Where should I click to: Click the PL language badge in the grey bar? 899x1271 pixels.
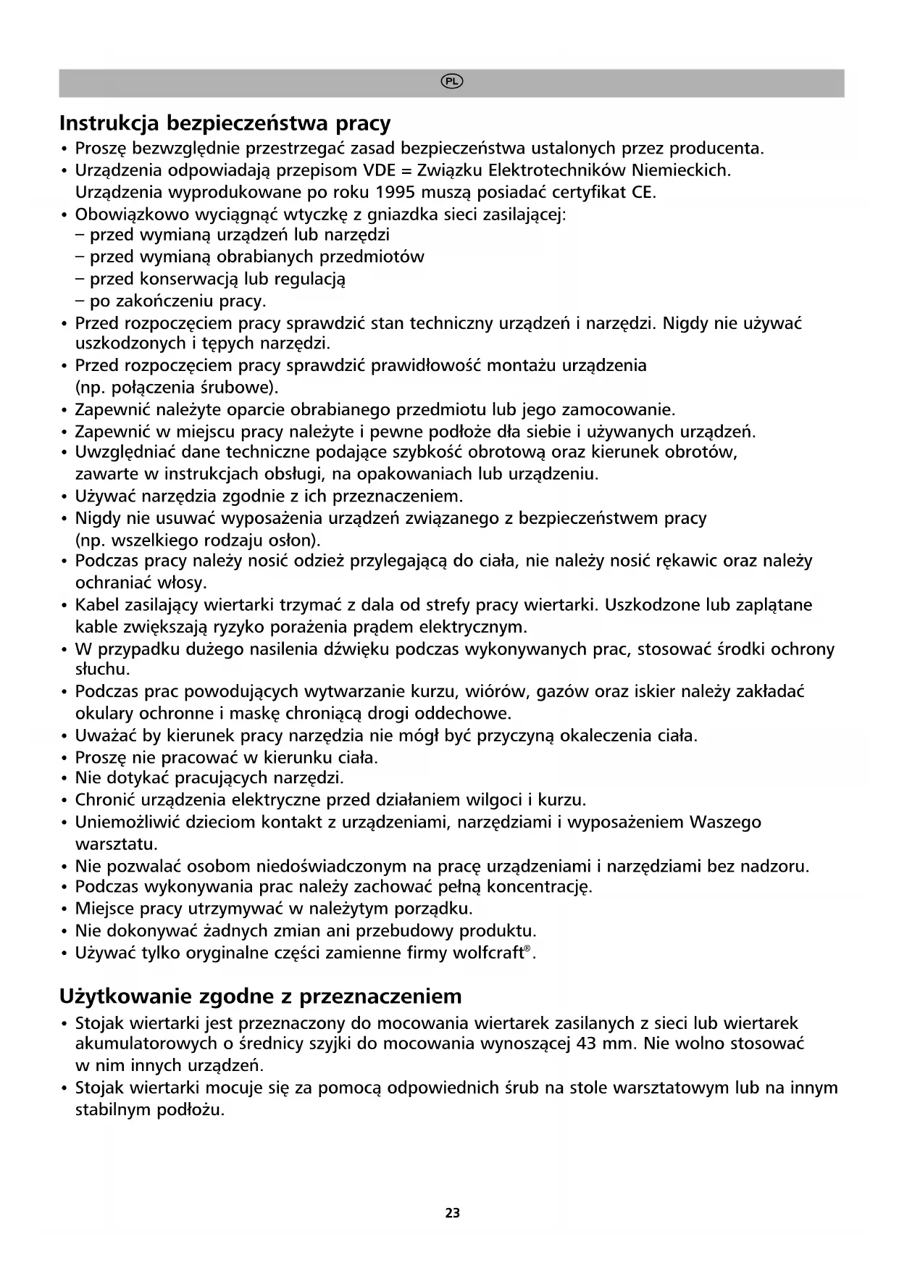[x=452, y=82]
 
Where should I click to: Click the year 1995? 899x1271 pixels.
[x=398, y=193]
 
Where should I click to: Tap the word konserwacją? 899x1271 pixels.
[x=189, y=279]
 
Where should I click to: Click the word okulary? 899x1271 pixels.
[x=105, y=714]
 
